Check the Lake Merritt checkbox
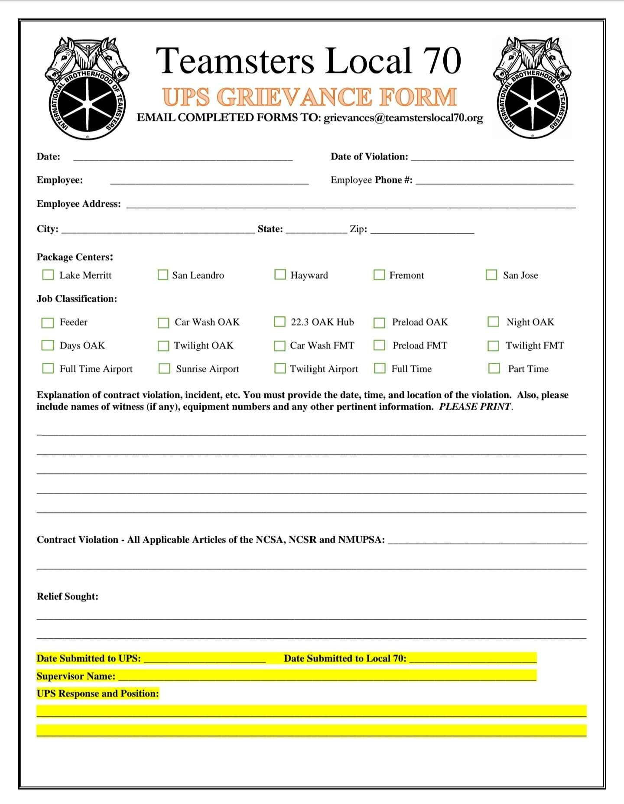pyautogui.click(x=48, y=275)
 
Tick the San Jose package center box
pyautogui.click(x=491, y=275)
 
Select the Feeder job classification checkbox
pyautogui.click(x=47, y=322)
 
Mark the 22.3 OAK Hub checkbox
pyautogui.click(x=279, y=322)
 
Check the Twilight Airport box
pyautogui.click(x=280, y=368)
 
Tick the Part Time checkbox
pyautogui.click(x=494, y=368)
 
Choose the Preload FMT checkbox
pyautogui.click(x=380, y=345)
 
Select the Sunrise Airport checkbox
pyautogui.click(x=164, y=368)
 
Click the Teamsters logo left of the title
pyautogui.click(x=87, y=88)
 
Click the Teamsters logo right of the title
pyautogui.click(x=532, y=88)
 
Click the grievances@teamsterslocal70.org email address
pyautogui.click(x=403, y=118)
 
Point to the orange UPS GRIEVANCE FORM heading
pyautogui.click(x=310, y=97)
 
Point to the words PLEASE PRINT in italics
pyautogui.click(x=475, y=407)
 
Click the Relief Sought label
pyautogui.click(x=68, y=596)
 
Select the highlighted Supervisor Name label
pyautogui.click(x=76, y=676)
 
